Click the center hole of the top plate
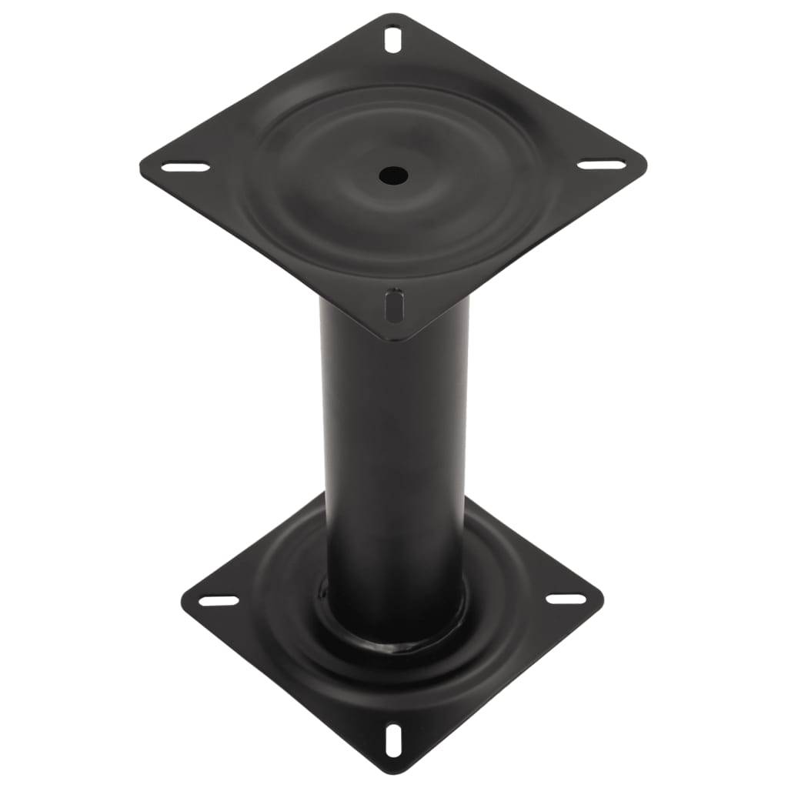pos(392,175)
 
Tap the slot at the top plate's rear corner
pos(394,38)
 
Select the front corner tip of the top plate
pos(392,339)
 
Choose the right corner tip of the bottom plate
pos(603,594)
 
